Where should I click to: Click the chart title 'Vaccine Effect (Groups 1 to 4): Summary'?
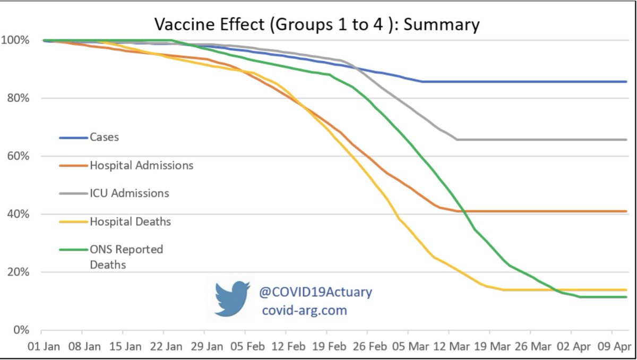(317, 24)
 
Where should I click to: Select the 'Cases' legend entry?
(104, 137)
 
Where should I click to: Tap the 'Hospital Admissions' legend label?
(141, 165)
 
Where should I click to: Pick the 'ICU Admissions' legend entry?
(129, 193)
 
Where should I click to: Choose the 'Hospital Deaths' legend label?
(130, 221)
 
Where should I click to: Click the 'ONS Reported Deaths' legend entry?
(126, 256)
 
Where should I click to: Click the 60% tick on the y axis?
(18, 157)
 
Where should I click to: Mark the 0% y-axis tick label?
(20, 330)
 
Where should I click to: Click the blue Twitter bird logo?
(232, 299)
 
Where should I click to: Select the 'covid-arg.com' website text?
(304, 310)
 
